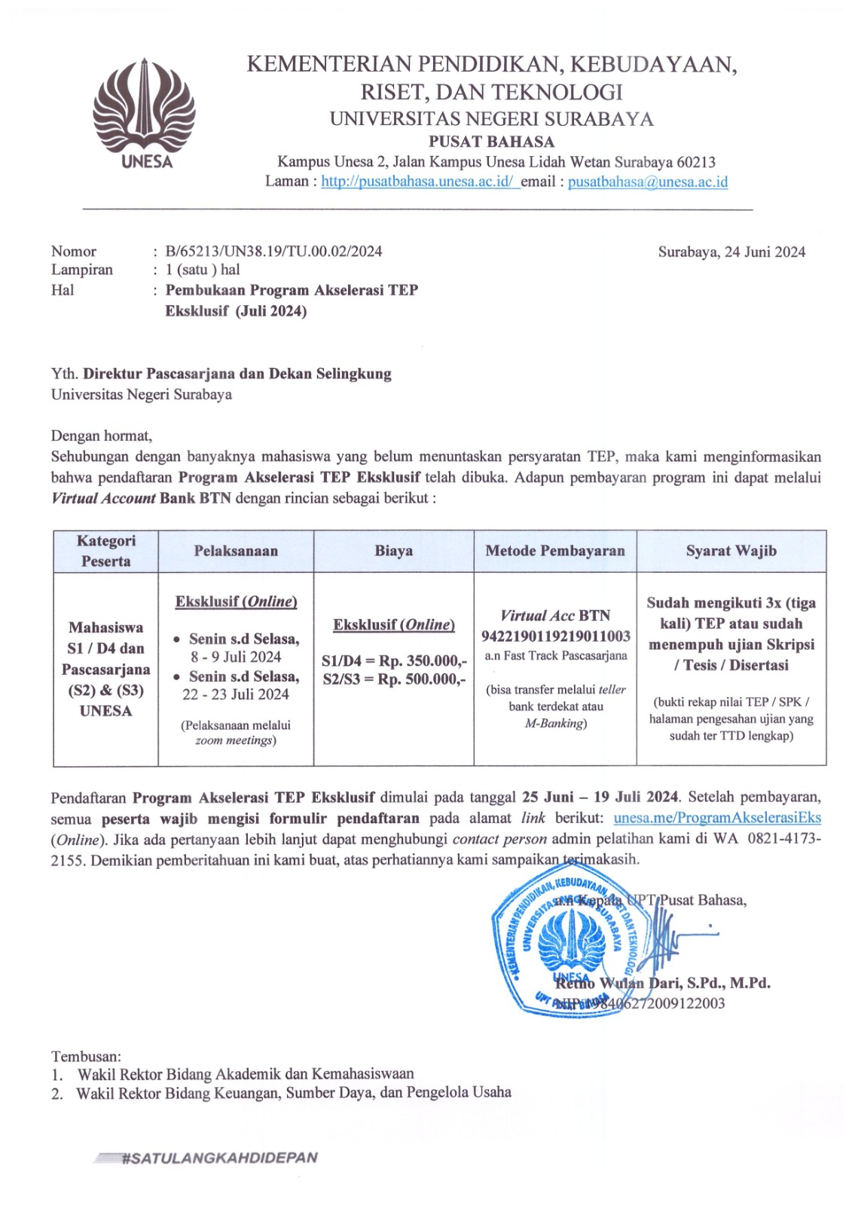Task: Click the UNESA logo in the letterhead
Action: pyautogui.click(x=144, y=113)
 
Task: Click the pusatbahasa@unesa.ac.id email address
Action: pyautogui.click(x=648, y=182)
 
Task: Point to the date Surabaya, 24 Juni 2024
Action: pyautogui.click(x=731, y=252)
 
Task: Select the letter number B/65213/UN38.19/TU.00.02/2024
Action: pyautogui.click(x=273, y=252)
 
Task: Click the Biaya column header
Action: pyautogui.click(x=393, y=551)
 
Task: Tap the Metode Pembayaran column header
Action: pyautogui.click(x=555, y=551)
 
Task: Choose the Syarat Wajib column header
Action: pyautogui.click(x=731, y=551)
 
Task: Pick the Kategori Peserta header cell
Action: pyautogui.click(x=106, y=551)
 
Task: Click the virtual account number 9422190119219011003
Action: pyautogui.click(x=556, y=636)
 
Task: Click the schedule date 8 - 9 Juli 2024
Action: pyautogui.click(x=236, y=657)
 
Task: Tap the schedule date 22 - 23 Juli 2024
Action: pyautogui.click(x=236, y=695)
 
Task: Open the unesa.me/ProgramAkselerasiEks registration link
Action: pyautogui.click(x=717, y=819)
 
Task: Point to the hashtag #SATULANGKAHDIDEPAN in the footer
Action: pyautogui.click(x=218, y=1158)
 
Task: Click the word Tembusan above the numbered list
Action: pyautogui.click(x=86, y=1057)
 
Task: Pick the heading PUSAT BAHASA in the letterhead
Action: pyautogui.click(x=491, y=142)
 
